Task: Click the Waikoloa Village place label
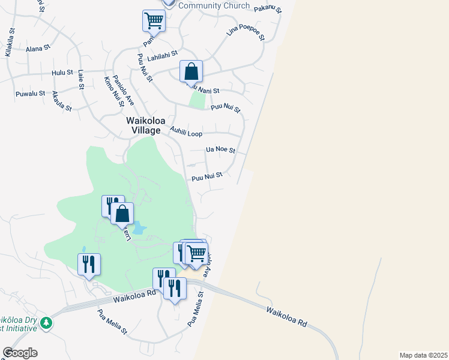[x=143, y=125]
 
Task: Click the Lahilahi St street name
[x=163, y=53]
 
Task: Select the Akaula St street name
[x=62, y=101]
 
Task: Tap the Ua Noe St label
[x=220, y=149]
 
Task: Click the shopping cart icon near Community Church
[x=154, y=20]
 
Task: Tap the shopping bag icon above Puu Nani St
[x=191, y=71]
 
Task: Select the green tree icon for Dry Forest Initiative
[x=46, y=324]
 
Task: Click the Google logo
[x=20, y=353]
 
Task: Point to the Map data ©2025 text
[x=423, y=355]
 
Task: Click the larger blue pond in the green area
[x=139, y=227]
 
